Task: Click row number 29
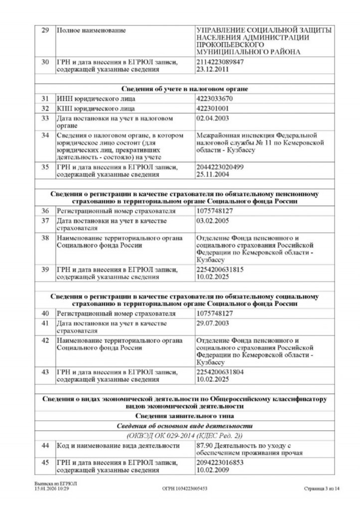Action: (45, 31)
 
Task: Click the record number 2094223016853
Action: (221, 462)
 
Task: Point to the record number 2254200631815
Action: (221, 269)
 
